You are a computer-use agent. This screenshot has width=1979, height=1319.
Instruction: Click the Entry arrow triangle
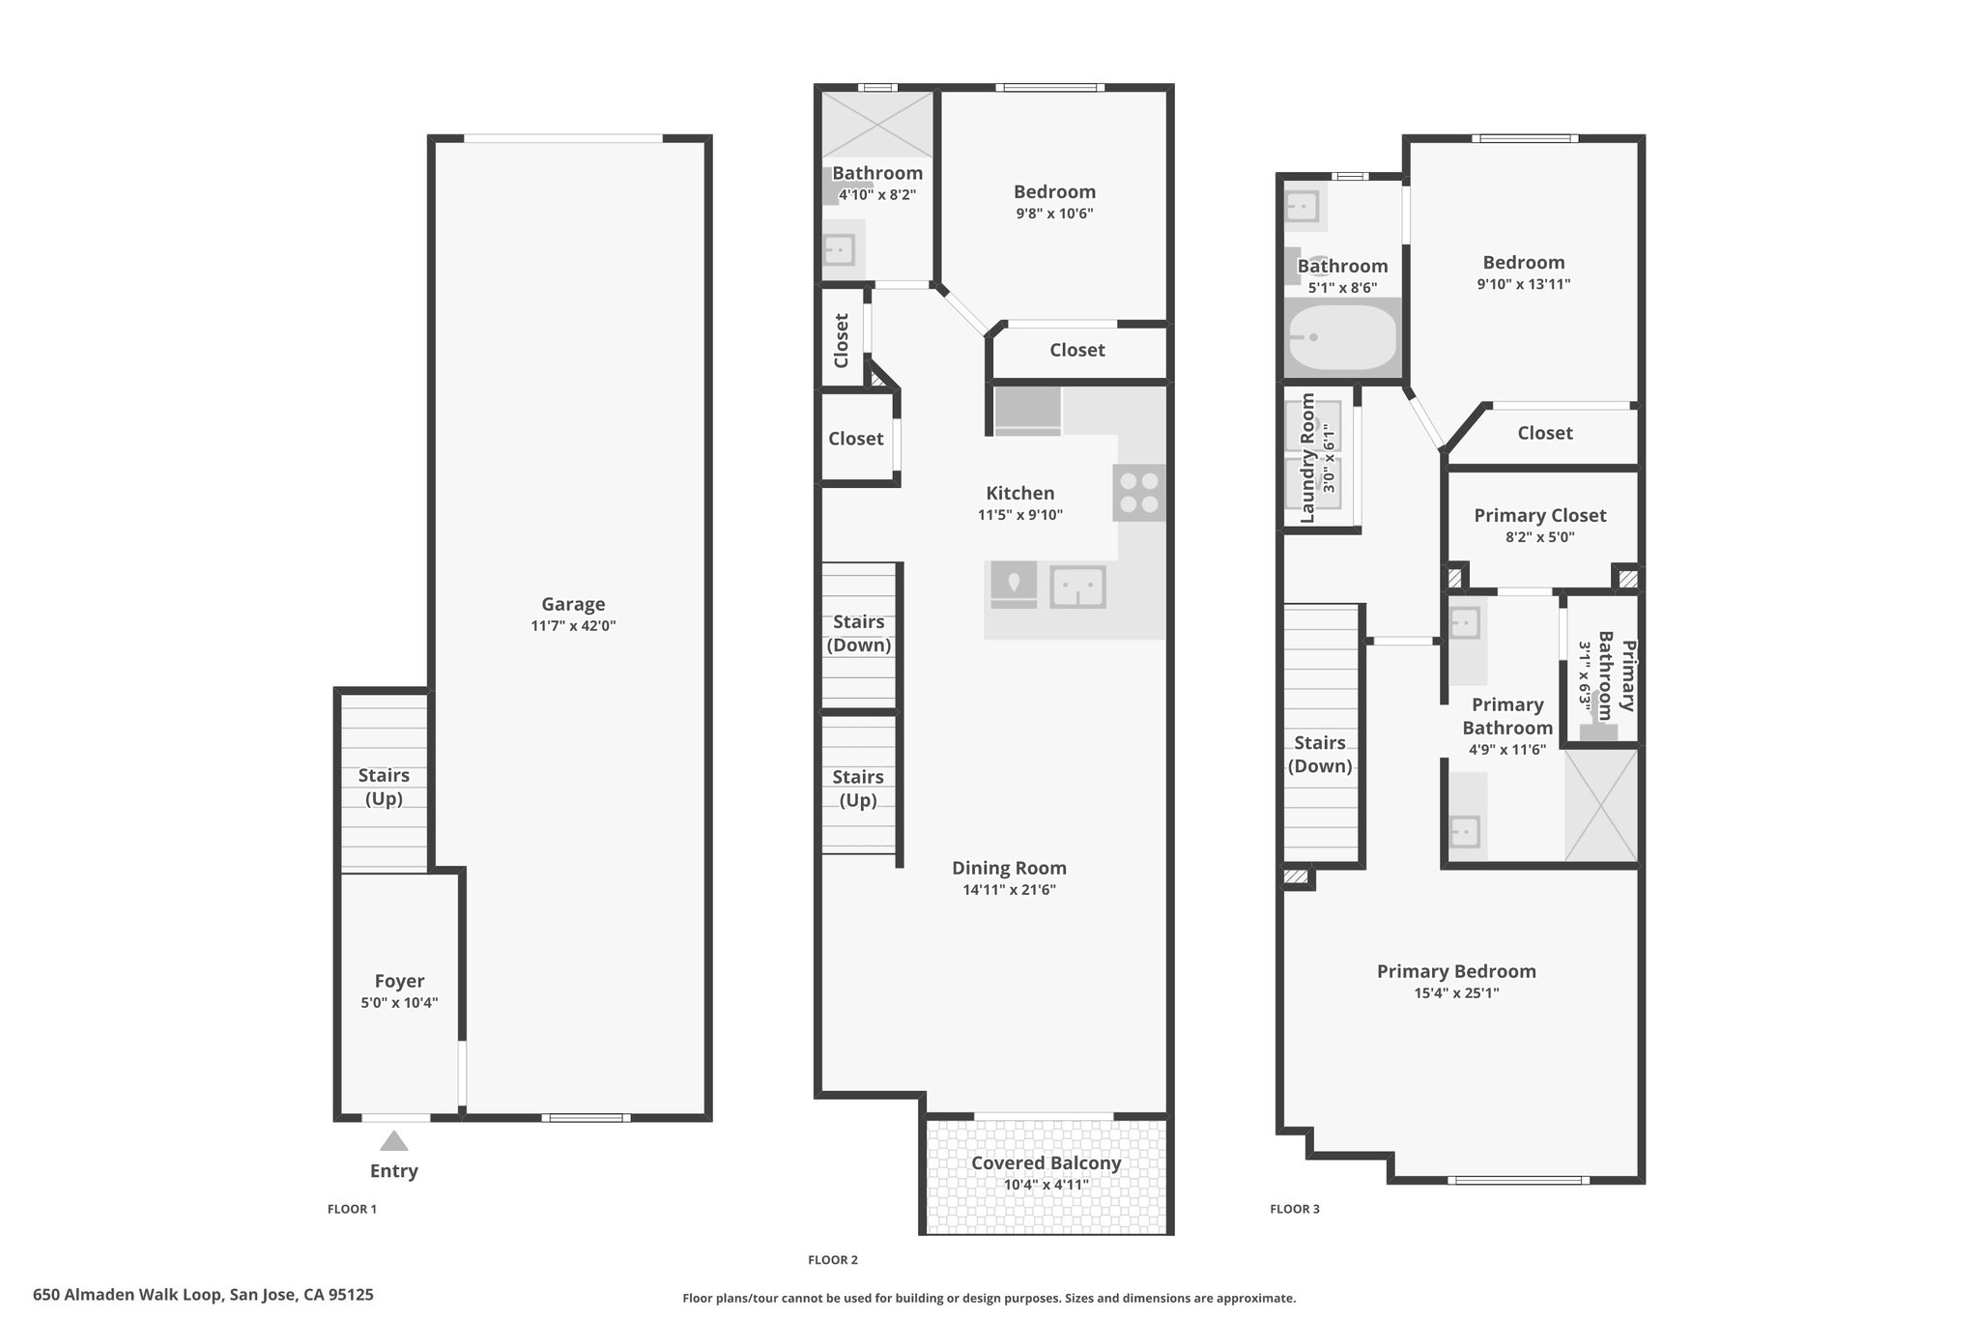[393, 1141]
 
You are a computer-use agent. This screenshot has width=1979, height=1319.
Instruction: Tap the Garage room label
[573, 604]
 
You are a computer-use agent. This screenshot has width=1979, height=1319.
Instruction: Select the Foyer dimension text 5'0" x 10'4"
[399, 1003]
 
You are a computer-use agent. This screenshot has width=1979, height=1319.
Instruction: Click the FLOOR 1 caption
[352, 1209]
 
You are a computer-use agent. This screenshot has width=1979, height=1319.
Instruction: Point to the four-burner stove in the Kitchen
[1139, 493]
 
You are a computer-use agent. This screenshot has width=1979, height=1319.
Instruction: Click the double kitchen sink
[1078, 587]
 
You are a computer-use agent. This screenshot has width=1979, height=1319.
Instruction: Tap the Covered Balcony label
[1046, 1162]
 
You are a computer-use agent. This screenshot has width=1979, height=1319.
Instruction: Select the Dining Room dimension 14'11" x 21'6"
[1009, 890]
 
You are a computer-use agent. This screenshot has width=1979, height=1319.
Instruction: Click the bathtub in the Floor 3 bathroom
[1341, 338]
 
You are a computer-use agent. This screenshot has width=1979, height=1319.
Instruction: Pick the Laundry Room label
[1307, 458]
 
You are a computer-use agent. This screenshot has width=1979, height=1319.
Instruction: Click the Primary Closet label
[1540, 516]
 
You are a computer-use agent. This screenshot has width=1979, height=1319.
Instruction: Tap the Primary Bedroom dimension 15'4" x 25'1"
[1456, 993]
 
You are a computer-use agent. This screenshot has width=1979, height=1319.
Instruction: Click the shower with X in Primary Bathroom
[1601, 804]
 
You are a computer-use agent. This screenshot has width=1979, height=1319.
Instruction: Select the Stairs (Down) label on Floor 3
[1320, 755]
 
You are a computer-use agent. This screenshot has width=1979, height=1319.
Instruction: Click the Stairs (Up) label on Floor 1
[384, 787]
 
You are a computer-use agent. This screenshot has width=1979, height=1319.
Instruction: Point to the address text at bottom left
[203, 1295]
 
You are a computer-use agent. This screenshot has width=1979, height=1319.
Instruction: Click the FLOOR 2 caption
[833, 1259]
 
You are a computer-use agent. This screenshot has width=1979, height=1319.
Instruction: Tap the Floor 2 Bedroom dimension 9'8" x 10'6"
[1054, 214]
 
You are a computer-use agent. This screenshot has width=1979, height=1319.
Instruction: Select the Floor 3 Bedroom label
[1524, 262]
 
